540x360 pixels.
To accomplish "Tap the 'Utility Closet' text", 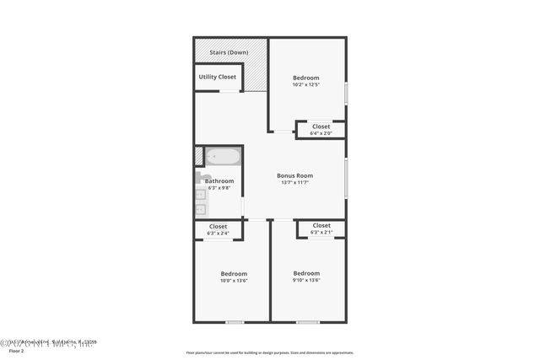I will point(218,77).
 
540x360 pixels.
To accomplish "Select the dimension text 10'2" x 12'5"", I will point(306,84).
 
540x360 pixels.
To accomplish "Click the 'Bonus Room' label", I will point(294,175).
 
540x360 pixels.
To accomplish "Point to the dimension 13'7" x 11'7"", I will point(294,183).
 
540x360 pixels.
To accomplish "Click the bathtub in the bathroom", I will point(223,157).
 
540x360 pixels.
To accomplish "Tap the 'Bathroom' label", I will point(219,180).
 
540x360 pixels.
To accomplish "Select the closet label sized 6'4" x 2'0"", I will point(321,126).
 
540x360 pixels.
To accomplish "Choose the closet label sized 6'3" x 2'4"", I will point(218,226).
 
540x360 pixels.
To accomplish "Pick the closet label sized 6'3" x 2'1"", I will point(321,225).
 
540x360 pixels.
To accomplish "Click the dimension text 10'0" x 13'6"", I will point(234,281).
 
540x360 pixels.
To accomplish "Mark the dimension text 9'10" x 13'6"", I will point(306,281).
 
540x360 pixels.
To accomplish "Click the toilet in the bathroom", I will point(202,177).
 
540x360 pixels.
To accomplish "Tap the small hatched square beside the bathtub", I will point(199,157).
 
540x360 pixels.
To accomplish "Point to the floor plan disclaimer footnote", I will point(270,353).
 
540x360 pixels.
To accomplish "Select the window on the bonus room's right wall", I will point(346,179).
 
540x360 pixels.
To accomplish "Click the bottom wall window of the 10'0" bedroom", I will point(235,321).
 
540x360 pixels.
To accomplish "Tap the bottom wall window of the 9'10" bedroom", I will point(307,321).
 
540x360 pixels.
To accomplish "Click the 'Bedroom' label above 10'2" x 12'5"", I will point(306,77).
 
